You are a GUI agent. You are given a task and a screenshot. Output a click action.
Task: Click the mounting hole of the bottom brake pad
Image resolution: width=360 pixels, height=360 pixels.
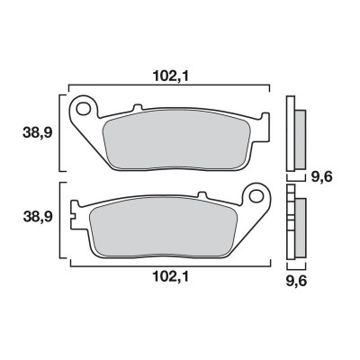254,195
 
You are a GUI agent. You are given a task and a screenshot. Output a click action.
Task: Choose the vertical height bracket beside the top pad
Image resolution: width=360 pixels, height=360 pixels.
59,131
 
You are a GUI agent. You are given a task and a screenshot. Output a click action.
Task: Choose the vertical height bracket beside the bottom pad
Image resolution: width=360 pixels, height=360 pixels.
59,221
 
